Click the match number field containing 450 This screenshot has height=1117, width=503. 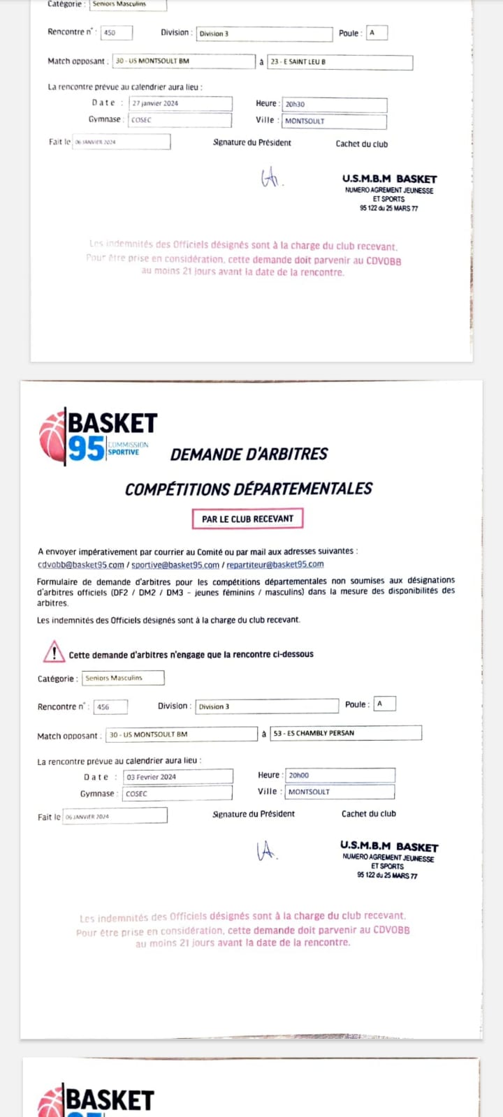point(116,33)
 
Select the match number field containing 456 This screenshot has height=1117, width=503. point(110,707)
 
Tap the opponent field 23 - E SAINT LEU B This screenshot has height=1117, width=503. point(340,62)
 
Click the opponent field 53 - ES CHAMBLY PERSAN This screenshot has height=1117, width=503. point(346,733)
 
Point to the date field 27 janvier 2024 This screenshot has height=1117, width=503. point(180,103)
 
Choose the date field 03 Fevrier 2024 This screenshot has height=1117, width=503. point(177,776)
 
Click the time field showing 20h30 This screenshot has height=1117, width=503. point(334,104)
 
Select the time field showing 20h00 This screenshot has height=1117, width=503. point(340,775)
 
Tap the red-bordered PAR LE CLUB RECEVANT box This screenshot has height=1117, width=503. point(247,519)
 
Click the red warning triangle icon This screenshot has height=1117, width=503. point(54,652)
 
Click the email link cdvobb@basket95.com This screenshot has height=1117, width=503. point(80,565)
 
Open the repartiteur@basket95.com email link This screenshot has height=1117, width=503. point(275,565)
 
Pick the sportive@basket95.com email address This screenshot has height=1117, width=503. point(175,565)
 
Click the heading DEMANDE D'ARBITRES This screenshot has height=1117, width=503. point(249,454)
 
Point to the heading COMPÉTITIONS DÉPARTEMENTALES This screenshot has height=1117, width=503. point(248,489)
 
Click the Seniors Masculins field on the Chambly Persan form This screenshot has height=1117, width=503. point(123,678)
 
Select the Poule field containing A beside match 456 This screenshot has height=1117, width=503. point(384,704)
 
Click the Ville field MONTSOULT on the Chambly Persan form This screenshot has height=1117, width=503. point(340,792)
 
